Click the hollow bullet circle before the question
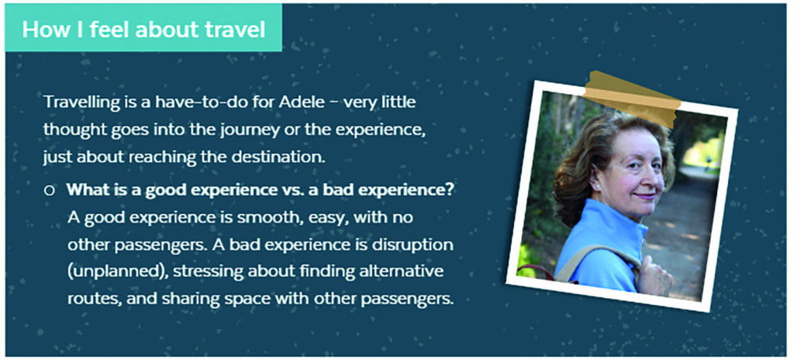click(50, 191)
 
